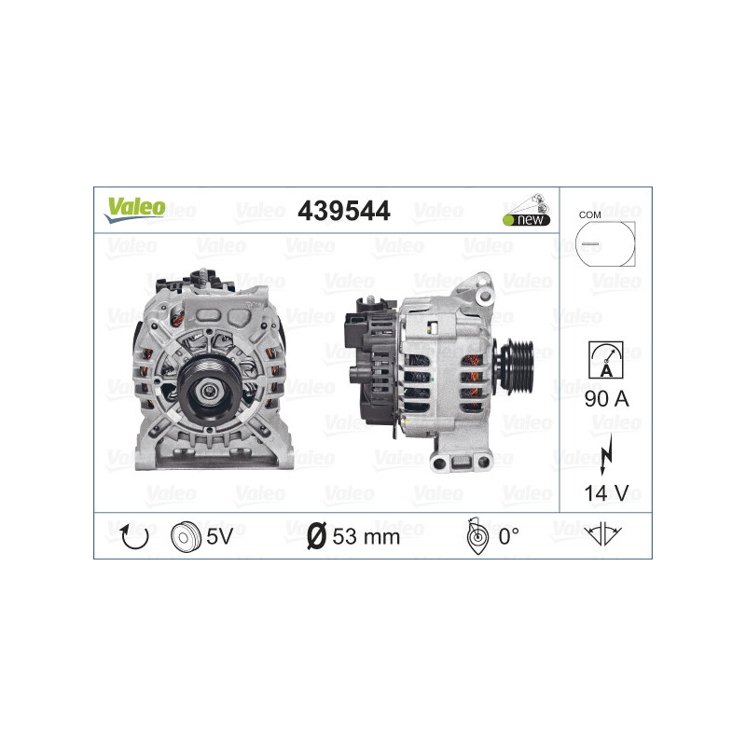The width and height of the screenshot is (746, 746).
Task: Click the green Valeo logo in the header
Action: tap(134, 208)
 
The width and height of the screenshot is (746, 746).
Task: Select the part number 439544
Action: tap(343, 212)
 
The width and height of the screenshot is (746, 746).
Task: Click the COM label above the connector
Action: tap(589, 214)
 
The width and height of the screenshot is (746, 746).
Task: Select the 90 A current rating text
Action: tap(606, 399)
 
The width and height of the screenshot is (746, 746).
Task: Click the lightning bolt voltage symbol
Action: tap(606, 446)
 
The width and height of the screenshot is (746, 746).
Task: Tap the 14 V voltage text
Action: tap(606, 491)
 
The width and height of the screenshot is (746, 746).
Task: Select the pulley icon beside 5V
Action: tap(186, 536)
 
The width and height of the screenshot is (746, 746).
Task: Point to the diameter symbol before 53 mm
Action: tap(316, 536)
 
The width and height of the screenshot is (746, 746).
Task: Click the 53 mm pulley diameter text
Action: tap(366, 536)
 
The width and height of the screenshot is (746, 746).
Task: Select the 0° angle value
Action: tap(508, 536)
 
